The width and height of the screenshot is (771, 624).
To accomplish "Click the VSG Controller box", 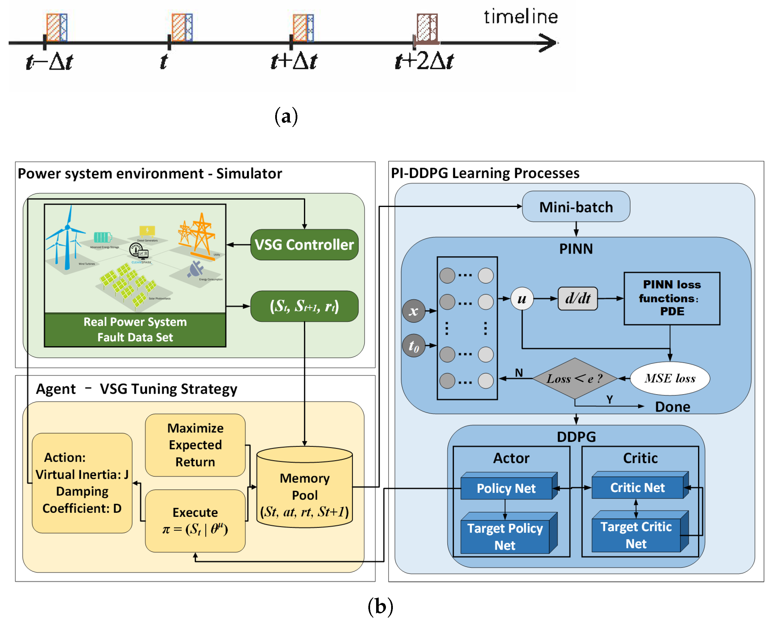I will point(304,245).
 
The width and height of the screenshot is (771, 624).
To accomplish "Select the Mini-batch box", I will point(576,207).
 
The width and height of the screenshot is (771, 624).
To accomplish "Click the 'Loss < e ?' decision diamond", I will point(575,378).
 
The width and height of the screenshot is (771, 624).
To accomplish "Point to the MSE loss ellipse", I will point(670,378).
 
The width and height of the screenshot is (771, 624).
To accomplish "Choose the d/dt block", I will point(577,298).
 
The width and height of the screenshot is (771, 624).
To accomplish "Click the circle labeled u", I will point(522,298).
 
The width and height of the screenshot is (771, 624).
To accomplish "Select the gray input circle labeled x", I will point(413,311).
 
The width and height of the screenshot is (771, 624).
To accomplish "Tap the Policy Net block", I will point(506,489).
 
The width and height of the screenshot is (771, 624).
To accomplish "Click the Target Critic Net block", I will point(636,535).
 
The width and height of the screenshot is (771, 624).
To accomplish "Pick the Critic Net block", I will point(637,488).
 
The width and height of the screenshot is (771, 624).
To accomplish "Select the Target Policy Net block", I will point(505,537).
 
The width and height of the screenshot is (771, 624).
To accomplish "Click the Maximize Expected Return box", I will point(195,445).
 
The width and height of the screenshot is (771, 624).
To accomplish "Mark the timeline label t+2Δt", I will point(424,61).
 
